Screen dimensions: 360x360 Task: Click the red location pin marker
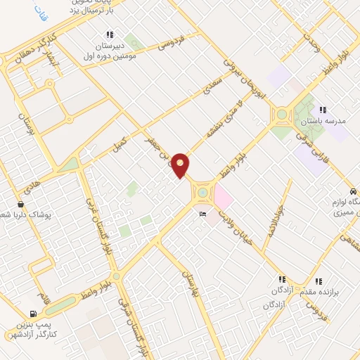[x=181, y=165]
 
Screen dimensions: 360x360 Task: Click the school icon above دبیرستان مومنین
[x=109, y=34]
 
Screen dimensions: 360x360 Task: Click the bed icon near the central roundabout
[x=203, y=214]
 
